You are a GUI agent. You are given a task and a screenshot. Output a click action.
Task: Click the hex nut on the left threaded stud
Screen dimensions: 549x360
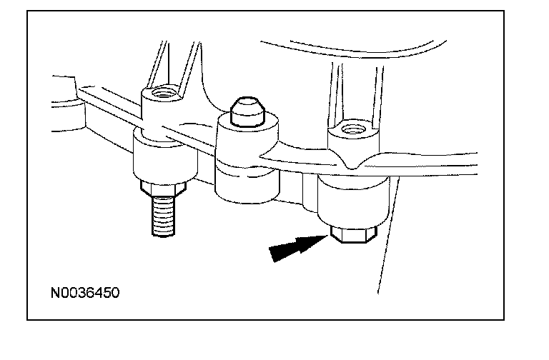click(163, 190)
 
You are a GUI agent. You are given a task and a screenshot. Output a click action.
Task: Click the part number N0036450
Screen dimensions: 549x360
click(84, 293)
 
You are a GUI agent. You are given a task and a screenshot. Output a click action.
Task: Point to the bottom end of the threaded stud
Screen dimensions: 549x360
click(164, 233)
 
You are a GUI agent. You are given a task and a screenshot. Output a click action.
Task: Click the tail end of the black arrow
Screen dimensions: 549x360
click(272, 252)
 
